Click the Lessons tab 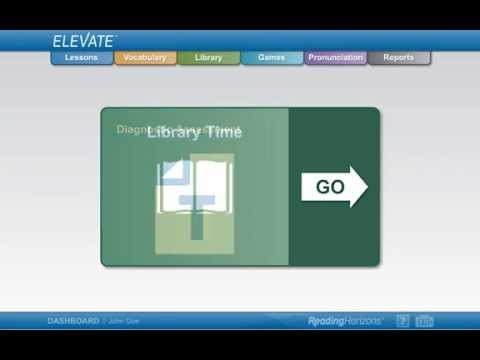click(x=81, y=58)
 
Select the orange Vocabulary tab click(x=145, y=58)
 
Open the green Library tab click(x=208, y=58)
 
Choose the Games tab click(x=271, y=58)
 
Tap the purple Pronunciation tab click(x=335, y=58)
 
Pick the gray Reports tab click(x=398, y=58)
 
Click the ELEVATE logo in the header click(x=84, y=41)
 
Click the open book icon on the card click(x=194, y=187)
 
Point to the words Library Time click(x=194, y=132)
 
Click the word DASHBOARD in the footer click(x=73, y=321)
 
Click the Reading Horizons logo click(x=345, y=321)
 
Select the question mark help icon click(x=402, y=321)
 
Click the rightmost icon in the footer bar click(x=424, y=321)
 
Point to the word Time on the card click(x=223, y=132)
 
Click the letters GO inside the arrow click(x=329, y=187)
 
